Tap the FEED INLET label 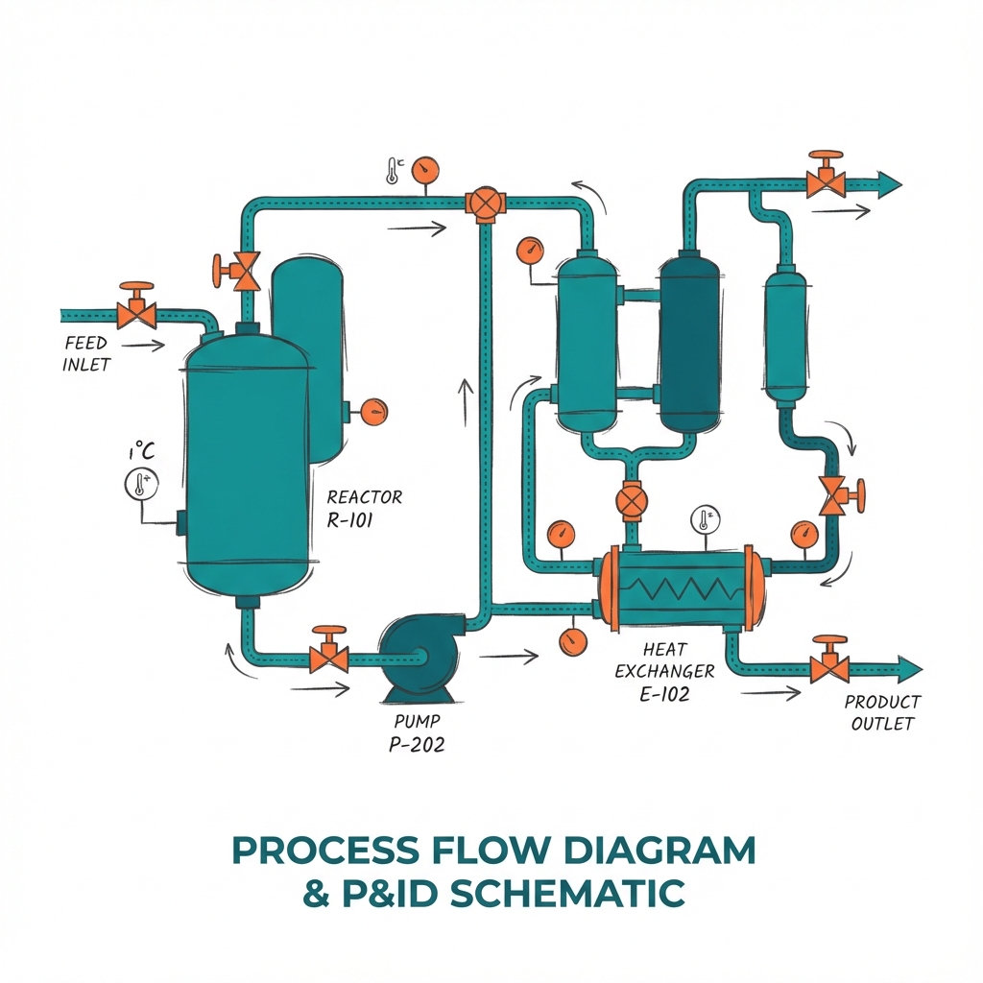(x=86, y=353)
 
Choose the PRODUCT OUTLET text (x=882, y=712)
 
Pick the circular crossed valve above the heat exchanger (x=631, y=501)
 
